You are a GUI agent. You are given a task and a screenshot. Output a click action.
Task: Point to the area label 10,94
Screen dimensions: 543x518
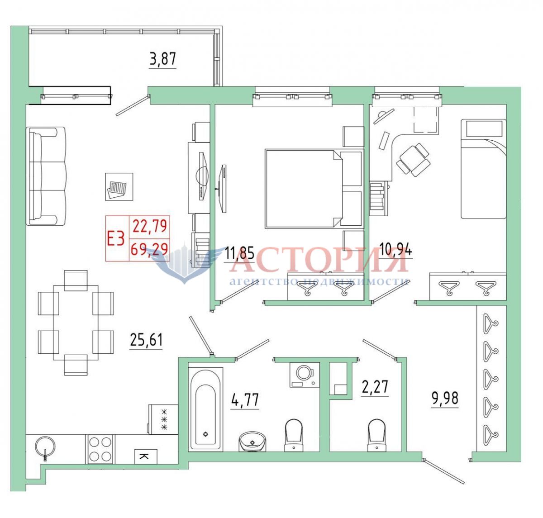point(395,250)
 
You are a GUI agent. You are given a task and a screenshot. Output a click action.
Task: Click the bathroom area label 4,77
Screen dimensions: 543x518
point(244,399)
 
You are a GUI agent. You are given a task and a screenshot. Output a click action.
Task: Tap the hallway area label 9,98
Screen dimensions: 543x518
point(445,399)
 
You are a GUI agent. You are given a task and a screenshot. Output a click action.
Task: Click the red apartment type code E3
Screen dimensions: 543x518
point(116,238)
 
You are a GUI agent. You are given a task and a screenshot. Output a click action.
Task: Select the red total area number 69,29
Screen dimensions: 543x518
point(149,249)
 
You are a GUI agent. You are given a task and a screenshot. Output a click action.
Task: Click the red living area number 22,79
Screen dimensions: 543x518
point(150,226)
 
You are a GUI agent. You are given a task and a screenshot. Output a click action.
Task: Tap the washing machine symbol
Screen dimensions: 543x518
point(305,375)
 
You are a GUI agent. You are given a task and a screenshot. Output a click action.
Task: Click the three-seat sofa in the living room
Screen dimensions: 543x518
point(46,176)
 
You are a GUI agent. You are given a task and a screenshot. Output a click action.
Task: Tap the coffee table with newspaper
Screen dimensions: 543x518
point(119,187)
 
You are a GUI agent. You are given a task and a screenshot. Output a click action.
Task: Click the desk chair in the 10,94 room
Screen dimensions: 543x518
point(413,160)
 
